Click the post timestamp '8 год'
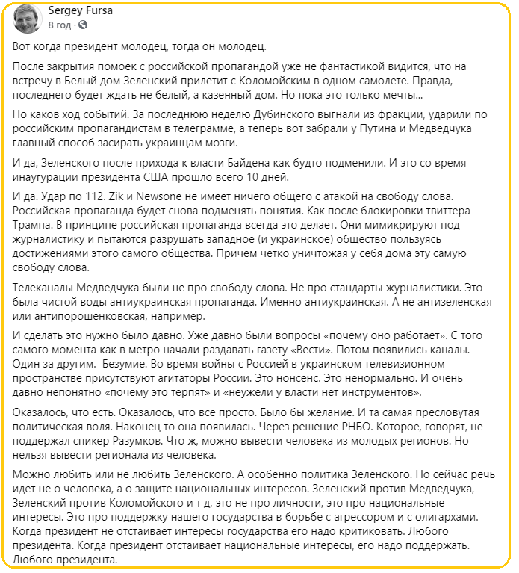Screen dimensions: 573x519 click(x=60, y=25)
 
